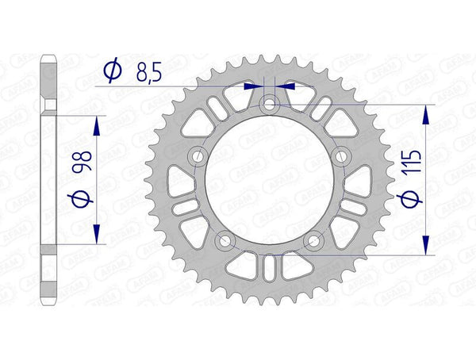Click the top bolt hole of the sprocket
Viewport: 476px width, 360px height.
270,102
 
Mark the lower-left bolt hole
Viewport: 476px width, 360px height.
224,240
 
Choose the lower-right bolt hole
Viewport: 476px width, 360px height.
315,240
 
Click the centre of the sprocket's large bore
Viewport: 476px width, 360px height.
270,180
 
